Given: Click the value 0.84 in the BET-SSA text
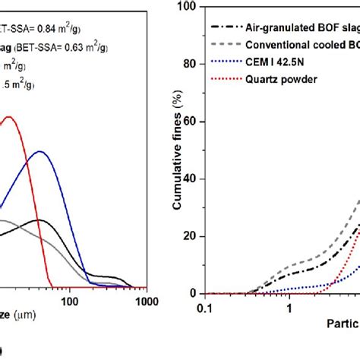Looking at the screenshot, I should point(52,30).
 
